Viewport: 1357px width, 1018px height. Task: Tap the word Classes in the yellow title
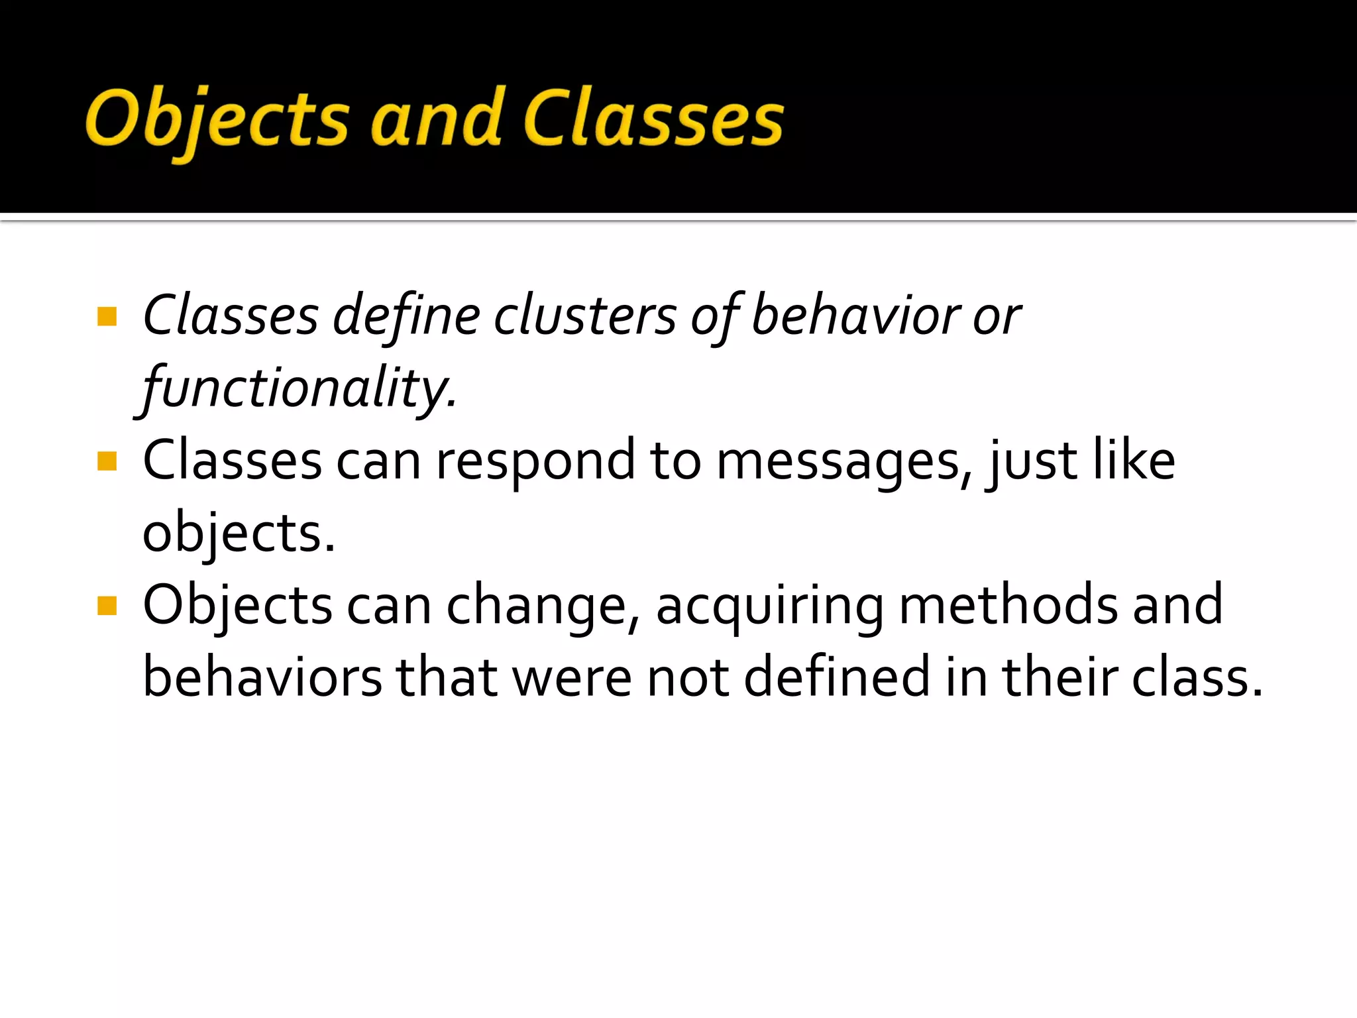(653, 119)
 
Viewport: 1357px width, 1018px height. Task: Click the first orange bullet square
(107, 316)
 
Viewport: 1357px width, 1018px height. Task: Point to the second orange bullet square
(107, 461)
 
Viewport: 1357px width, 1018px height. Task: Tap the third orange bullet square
(107, 605)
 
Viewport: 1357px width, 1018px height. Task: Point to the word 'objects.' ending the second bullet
(239, 534)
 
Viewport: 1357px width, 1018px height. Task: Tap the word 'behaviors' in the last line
(262, 677)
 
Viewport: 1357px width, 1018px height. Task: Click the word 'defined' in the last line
(838, 677)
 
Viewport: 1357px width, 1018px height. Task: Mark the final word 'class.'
(1197, 677)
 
